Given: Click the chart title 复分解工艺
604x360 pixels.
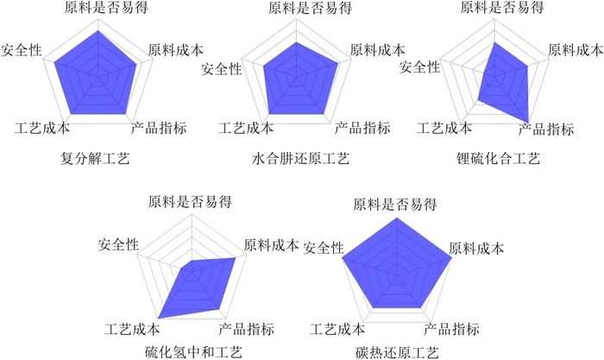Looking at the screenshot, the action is click(x=94, y=159).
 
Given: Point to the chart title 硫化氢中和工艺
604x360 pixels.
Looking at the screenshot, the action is click(x=194, y=351).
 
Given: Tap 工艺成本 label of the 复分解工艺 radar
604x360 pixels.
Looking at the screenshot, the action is click(x=42, y=129).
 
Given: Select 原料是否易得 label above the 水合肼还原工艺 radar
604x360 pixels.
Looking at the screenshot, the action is click(x=297, y=9).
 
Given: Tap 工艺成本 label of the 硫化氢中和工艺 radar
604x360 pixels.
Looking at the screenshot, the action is click(x=132, y=328).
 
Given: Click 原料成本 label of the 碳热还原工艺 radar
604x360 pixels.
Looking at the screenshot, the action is click(x=476, y=249).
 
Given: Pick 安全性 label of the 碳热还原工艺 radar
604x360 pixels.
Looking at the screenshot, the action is click(x=324, y=249).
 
